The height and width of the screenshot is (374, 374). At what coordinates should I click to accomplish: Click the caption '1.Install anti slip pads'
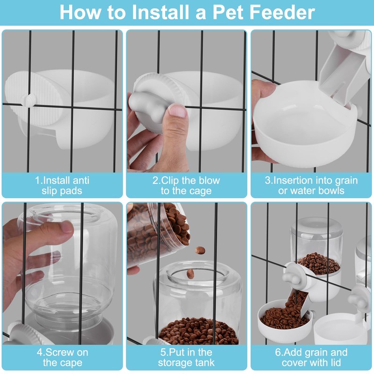(62, 185)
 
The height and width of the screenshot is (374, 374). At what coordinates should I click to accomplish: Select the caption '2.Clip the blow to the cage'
(186, 185)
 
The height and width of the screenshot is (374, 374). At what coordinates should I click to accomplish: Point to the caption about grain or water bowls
(311, 185)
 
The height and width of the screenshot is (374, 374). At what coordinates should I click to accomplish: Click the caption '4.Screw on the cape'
(63, 357)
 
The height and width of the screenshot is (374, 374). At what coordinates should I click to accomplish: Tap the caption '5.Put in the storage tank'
(186, 357)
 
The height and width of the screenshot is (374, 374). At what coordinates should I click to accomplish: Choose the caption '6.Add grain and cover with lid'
(311, 357)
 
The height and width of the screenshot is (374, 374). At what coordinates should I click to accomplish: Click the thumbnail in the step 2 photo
(177, 110)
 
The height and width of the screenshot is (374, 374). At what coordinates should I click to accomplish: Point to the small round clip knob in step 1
(29, 100)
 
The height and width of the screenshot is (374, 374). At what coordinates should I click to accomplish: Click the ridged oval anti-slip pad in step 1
(33, 99)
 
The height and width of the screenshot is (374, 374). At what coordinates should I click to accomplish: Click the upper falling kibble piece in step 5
(200, 250)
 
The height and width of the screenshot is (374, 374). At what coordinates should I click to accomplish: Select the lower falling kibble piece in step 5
(190, 273)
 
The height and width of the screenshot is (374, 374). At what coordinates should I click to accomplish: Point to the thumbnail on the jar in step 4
(66, 228)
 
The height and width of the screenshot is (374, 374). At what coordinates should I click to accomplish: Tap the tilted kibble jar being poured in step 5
(158, 234)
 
